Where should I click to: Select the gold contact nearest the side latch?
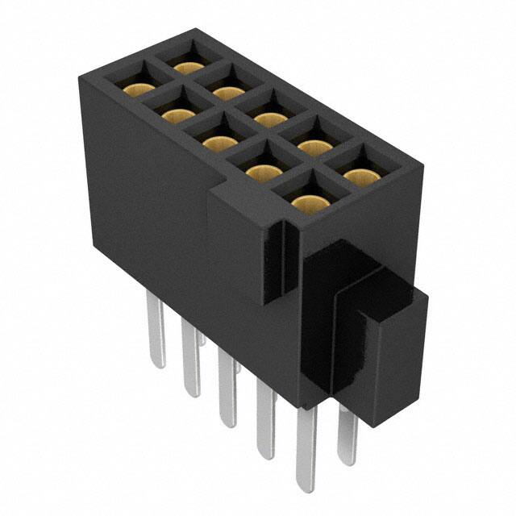click(306, 201)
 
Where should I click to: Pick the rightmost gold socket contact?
click(356, 174)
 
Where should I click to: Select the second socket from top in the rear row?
click(228, 93)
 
